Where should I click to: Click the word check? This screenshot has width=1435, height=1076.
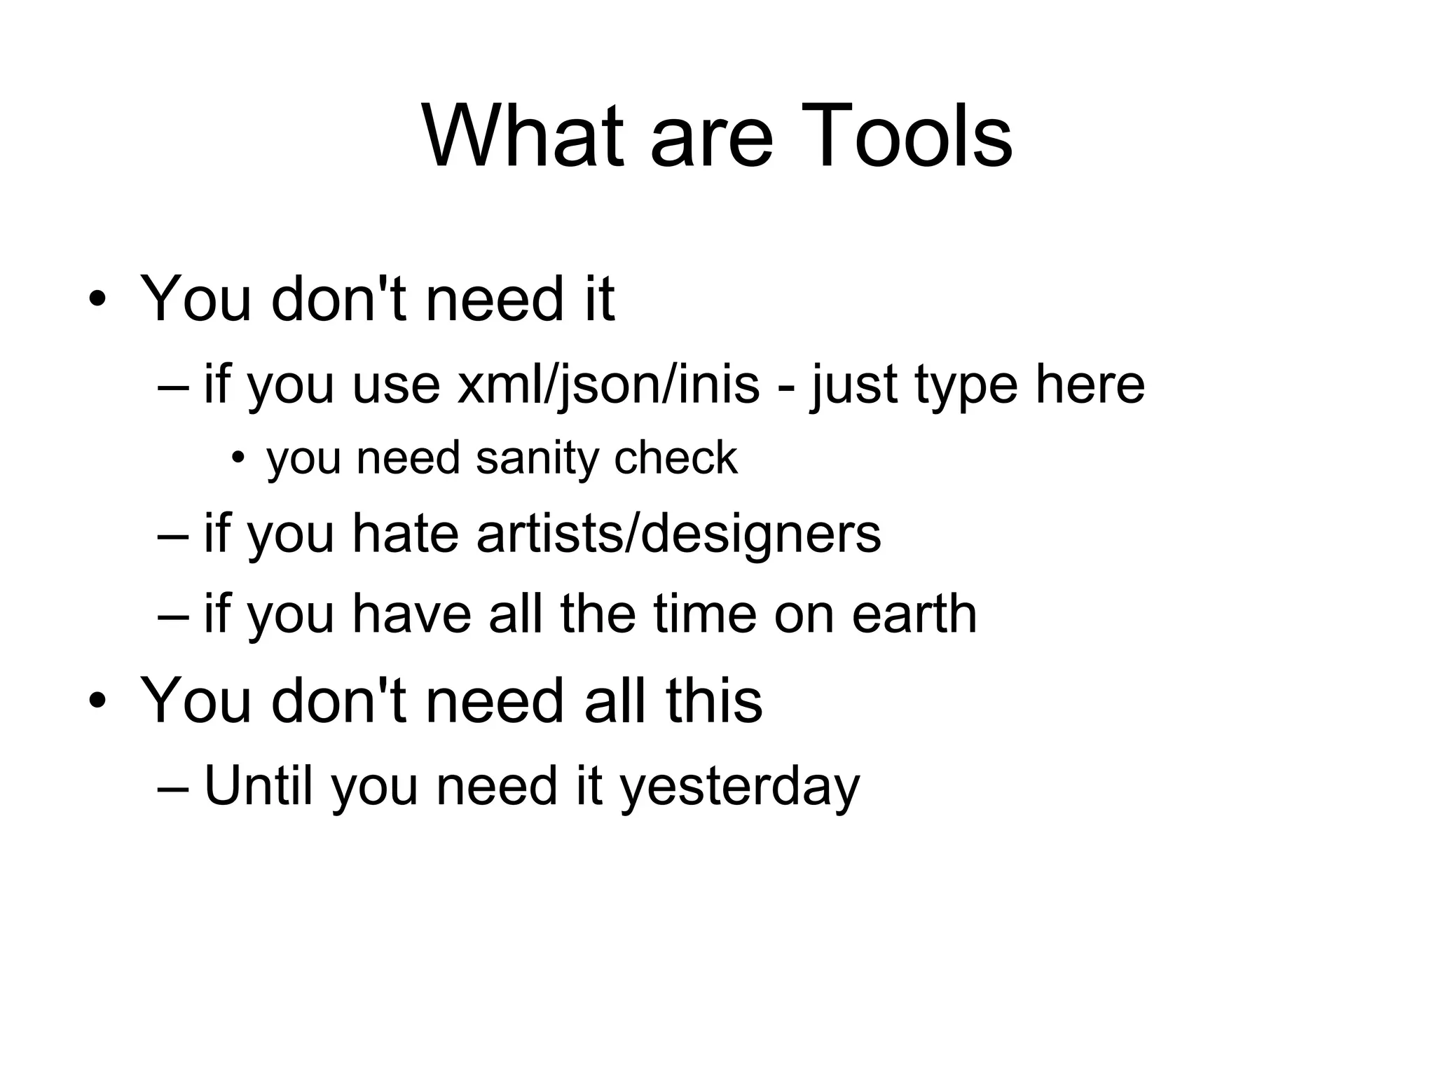675,458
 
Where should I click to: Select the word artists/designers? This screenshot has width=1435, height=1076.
678,534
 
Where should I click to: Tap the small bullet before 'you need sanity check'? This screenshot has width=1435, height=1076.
239,458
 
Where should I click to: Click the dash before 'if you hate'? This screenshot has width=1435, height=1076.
174,537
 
